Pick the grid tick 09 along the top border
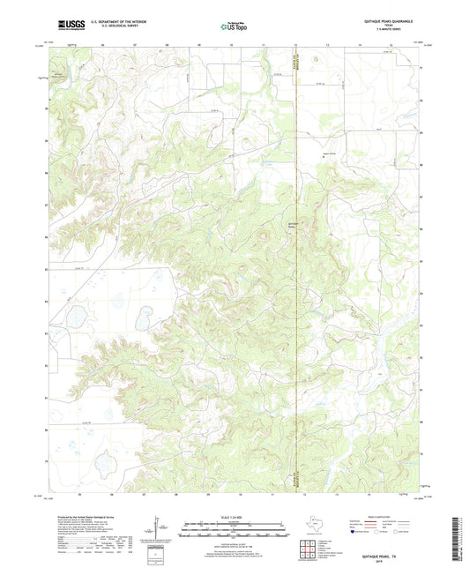click(199, 42)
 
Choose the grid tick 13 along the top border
click(327, 42)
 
